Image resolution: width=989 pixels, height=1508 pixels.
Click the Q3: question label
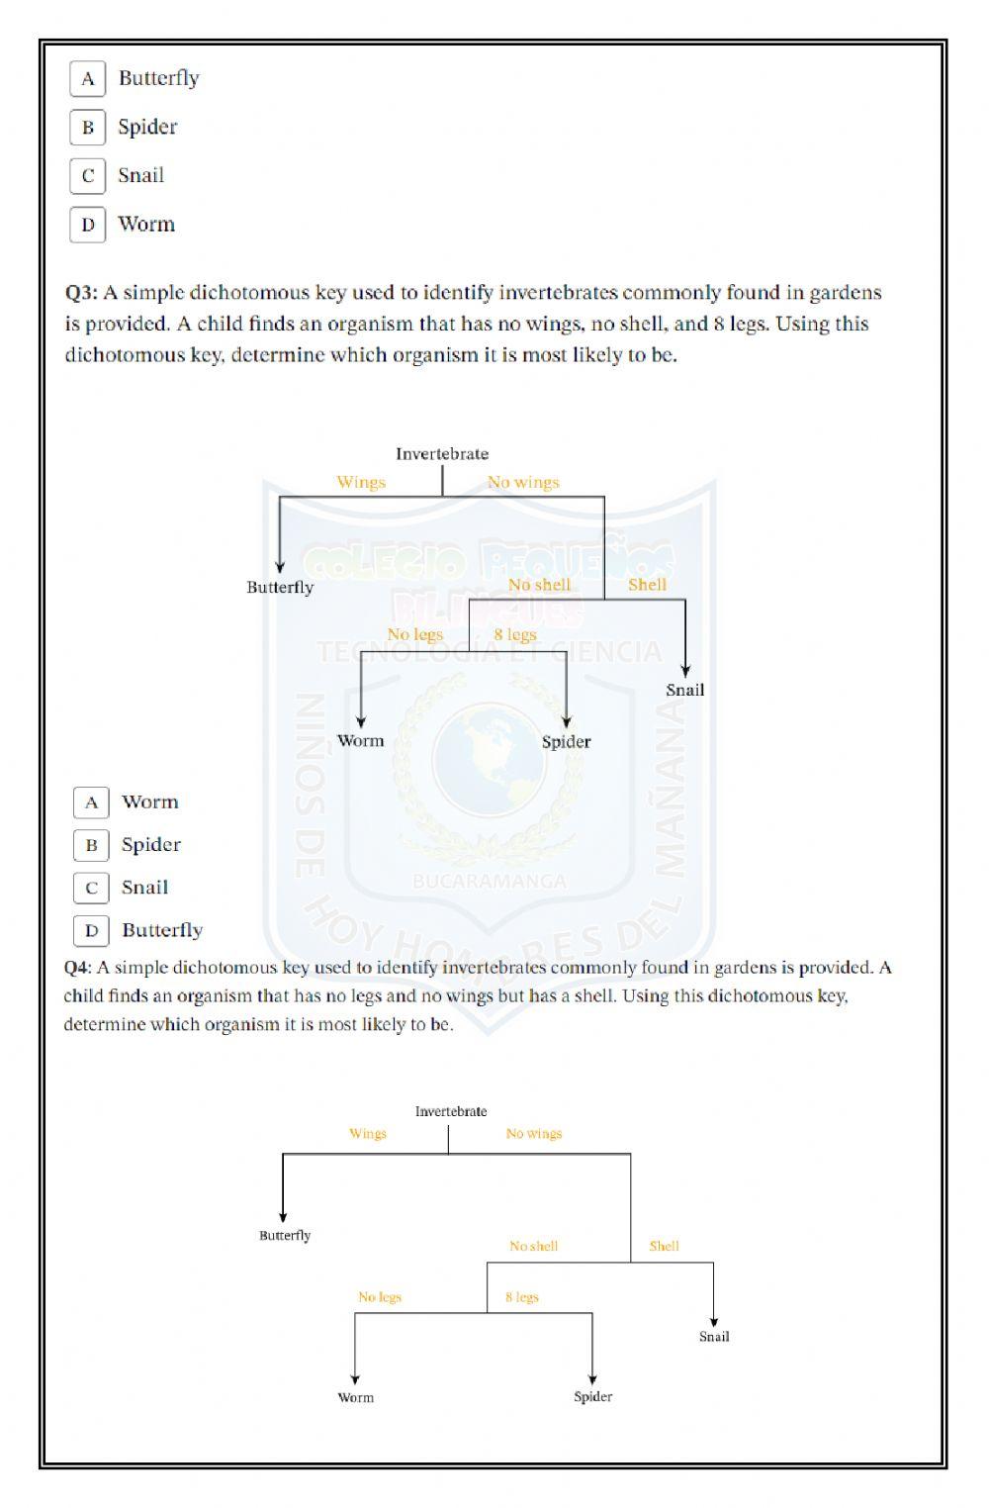point(81,293)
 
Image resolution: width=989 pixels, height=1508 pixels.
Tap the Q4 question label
point(77,968)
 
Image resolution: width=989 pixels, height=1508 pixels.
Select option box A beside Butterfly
point(88,79)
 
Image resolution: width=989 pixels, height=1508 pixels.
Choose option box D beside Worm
point(88,225)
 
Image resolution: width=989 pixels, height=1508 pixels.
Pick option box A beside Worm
point(91,802)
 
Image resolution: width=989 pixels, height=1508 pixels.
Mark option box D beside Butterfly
point(91,930)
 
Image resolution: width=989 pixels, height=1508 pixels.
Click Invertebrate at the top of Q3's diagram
point(442,454)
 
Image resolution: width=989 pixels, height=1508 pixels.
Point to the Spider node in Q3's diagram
point(566,742)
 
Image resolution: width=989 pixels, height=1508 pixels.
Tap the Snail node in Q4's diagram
point(714,1337)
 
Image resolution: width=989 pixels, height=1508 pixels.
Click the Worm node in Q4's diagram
point(355,1397)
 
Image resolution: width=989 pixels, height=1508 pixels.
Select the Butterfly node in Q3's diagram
point(280,588)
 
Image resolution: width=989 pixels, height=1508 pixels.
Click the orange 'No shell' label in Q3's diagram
point(539,585)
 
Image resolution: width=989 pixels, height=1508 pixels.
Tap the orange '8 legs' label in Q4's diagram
point(522,1297)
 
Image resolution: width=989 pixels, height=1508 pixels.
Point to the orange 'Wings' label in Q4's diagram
point(368,1134)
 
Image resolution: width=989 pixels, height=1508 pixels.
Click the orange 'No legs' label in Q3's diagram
point(414,634)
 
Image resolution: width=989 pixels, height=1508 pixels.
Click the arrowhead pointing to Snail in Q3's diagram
point(685,671)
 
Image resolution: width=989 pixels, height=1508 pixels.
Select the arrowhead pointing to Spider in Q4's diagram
point(592,1379)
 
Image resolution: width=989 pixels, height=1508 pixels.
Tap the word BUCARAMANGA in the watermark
point(490,881)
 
